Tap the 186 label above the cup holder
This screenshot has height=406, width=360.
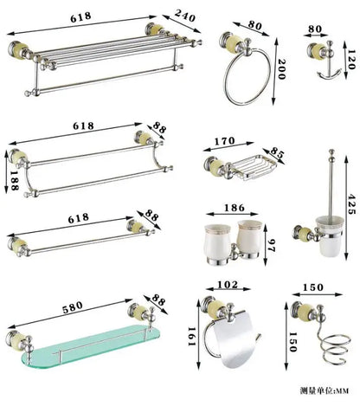[x=234, y=209]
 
